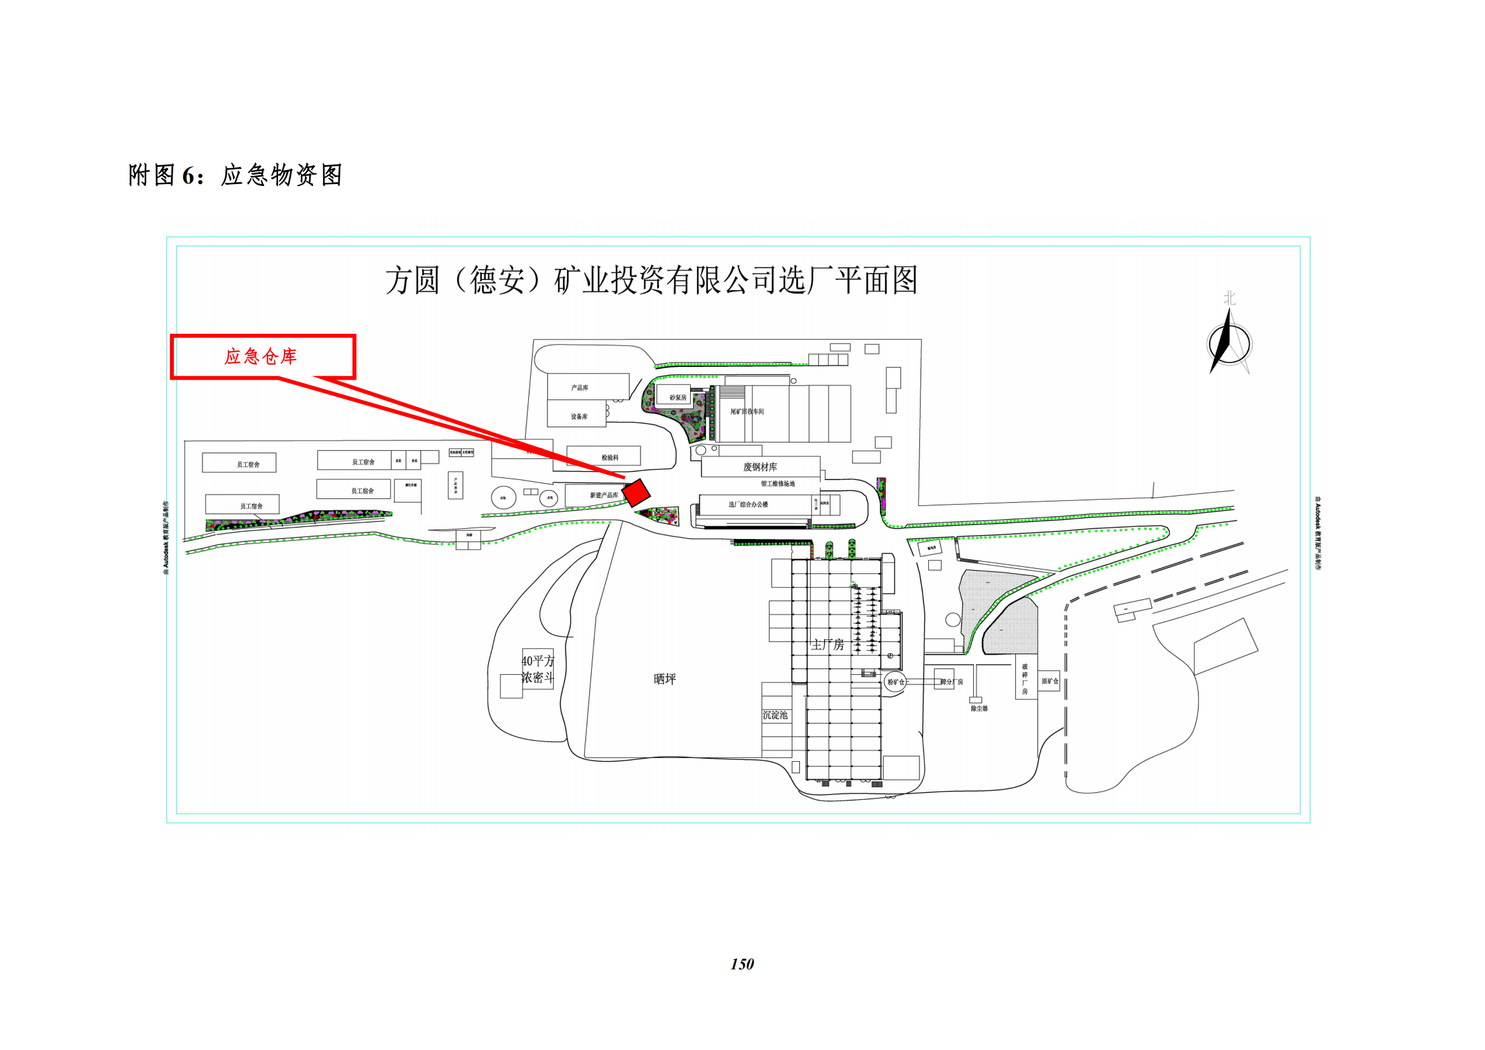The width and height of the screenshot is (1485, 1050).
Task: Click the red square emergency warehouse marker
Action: tap(636, 492)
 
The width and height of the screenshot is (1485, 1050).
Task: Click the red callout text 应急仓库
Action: tap(261, 356)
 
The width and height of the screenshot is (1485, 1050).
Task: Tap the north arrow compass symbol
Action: tap(1229, 343)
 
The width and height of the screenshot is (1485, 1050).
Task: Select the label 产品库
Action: tap(580, 388)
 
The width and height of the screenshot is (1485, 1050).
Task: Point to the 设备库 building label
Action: tap(579, 417)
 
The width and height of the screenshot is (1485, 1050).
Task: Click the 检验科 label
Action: tap(610, 458)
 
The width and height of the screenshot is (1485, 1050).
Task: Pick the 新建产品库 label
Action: tap(603, 495)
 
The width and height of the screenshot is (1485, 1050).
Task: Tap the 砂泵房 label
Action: tap(678, 397)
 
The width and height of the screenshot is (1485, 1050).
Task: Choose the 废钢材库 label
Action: tap(760, 467)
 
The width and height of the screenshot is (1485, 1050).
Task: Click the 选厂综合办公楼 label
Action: tap(749, 504)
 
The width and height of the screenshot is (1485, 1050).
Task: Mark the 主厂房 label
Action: tap(828, 644)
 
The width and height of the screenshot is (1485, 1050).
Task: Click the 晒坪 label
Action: tap(665, 679)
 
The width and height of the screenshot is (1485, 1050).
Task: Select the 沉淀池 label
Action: tap(775, 715)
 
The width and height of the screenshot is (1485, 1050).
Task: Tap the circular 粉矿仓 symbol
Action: tap(895, 682)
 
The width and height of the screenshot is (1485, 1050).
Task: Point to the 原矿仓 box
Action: tap(1049, 681)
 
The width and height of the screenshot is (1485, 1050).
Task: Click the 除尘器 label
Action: tap(979, 708)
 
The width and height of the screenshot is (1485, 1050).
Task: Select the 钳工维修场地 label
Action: tap(778, 484)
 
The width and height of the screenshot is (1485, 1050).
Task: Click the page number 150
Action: tap(742, 964)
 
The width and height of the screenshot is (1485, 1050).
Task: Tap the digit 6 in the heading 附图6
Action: tap(188, 175)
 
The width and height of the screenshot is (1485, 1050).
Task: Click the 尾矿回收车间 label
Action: tap(747, 411)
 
